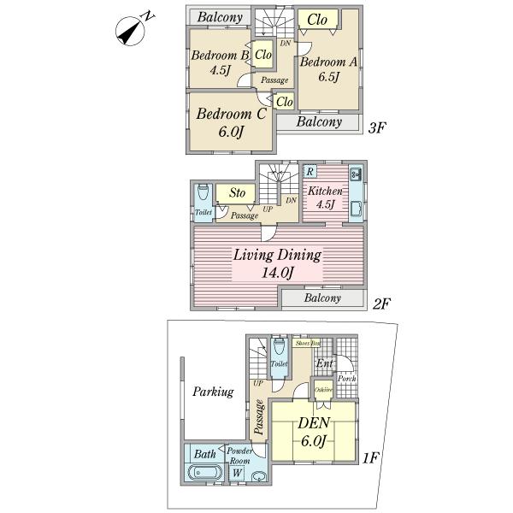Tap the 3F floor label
(378, 128)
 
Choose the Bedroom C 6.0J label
(232, 121)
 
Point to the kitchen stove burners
(356, 176)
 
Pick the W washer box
(236, 473)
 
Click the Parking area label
(212, 392)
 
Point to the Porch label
(348, 379)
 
